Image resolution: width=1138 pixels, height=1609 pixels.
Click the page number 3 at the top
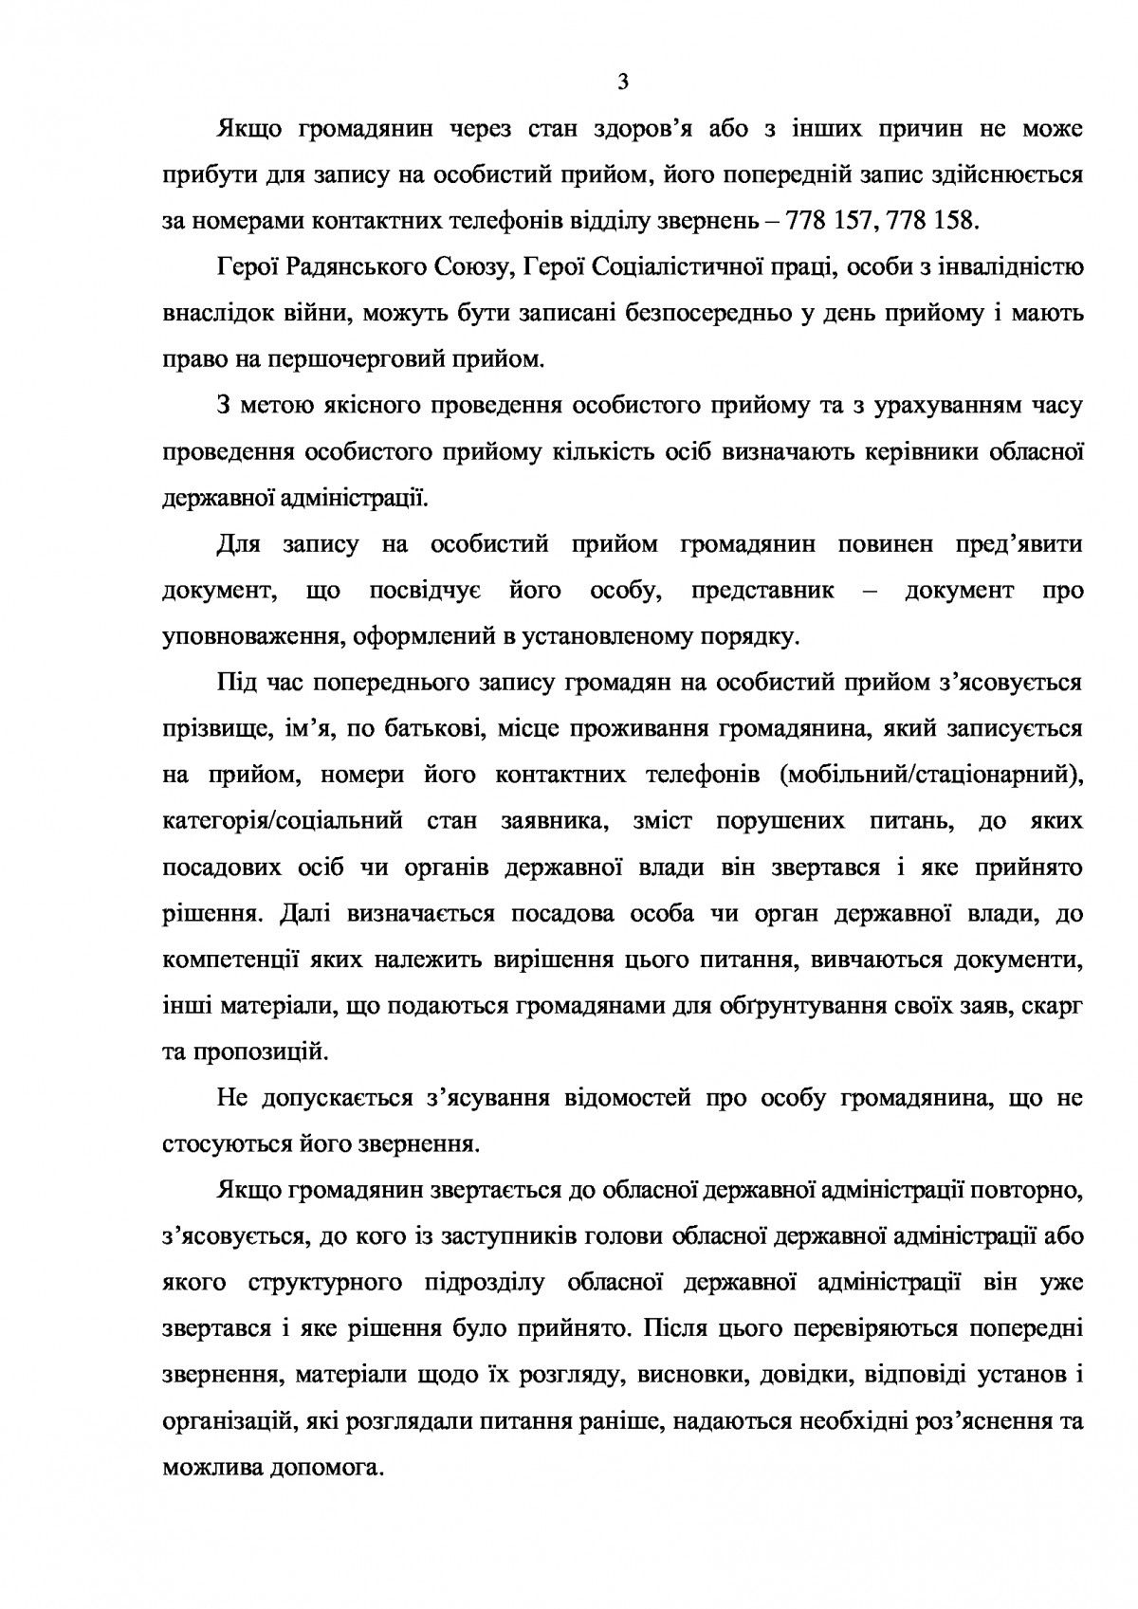(622, 82)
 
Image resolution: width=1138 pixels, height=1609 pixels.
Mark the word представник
(763, 590)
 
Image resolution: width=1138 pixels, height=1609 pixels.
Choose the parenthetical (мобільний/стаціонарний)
(930, 775)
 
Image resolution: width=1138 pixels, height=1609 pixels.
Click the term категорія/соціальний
(284, 820)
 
